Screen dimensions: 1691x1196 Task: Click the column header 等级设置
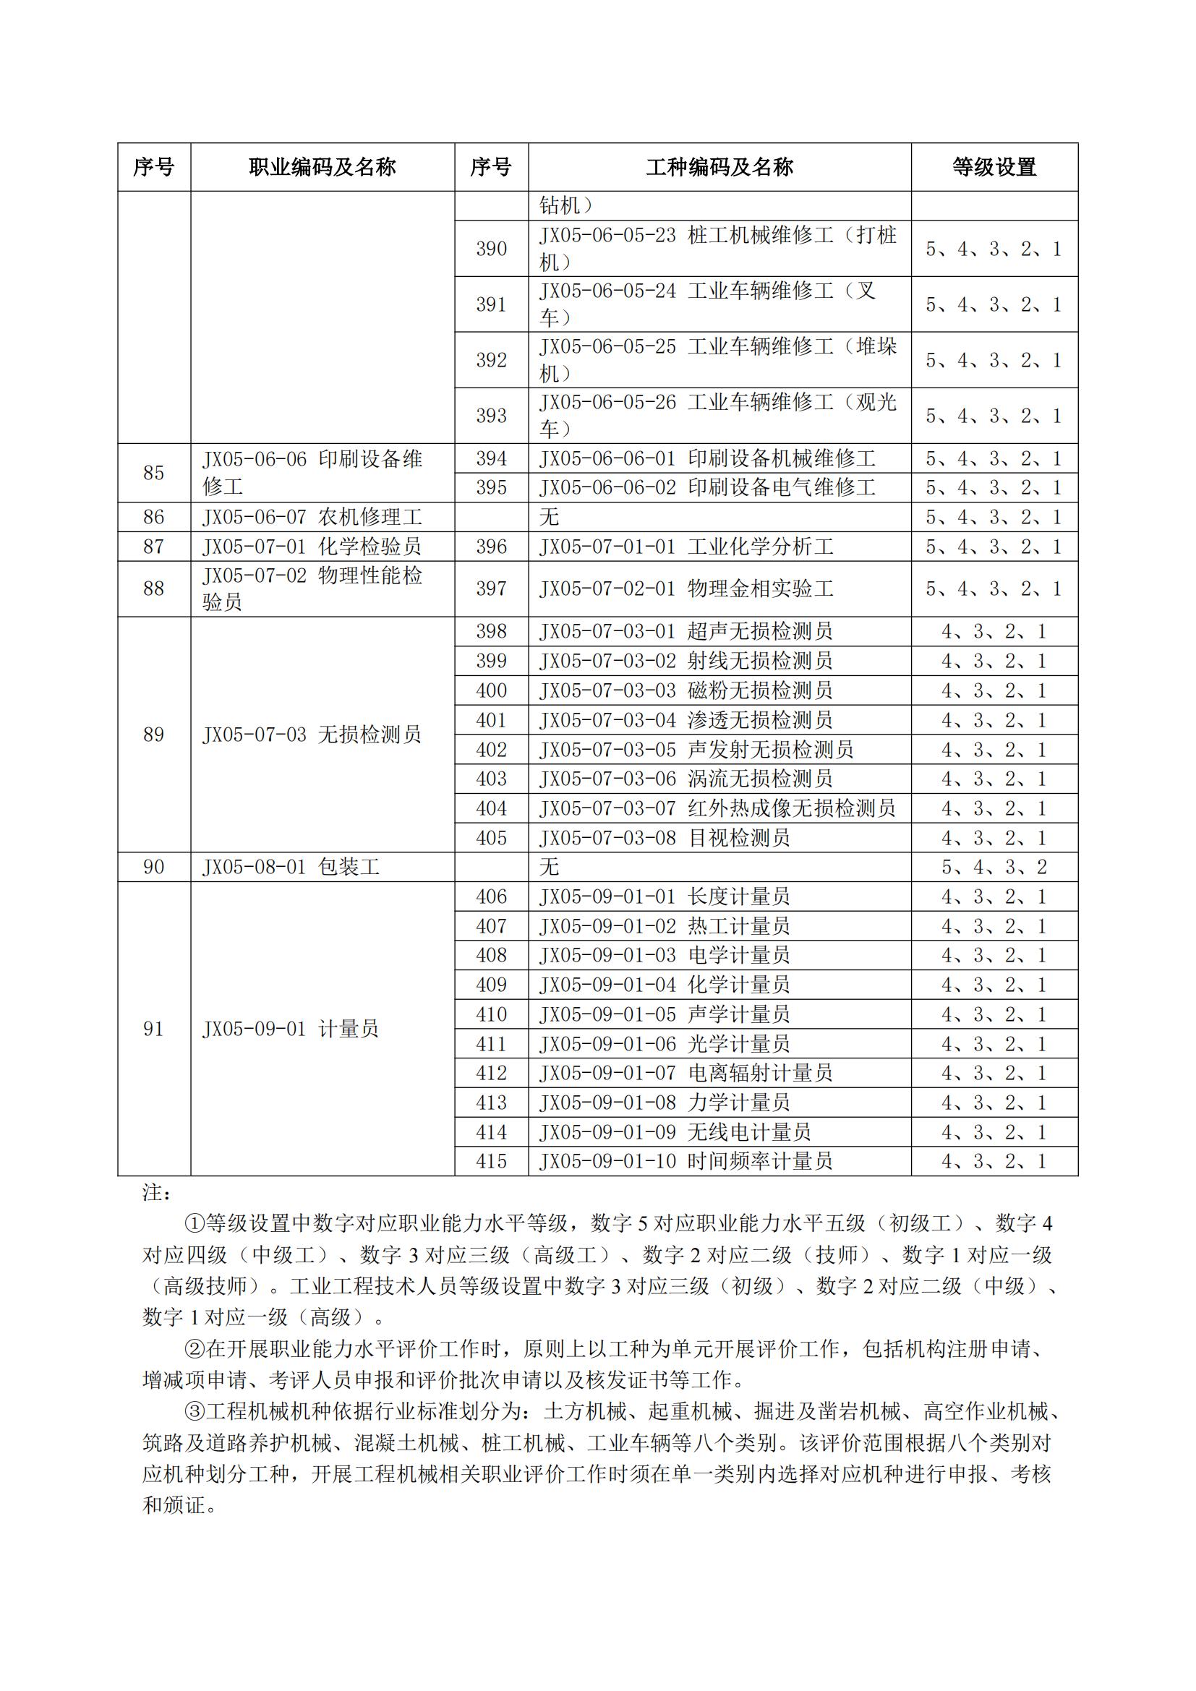click(x=994, y=167)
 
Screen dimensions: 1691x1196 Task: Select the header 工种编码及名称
click(x=719, y=167)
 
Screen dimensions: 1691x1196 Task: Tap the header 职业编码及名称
click(x=322, y=167)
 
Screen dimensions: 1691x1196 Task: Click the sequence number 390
click(x=491, y=249)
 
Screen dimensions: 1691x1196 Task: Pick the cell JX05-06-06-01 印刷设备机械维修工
click(x=707, y=459)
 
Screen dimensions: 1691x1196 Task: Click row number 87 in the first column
click(x=153, y=547)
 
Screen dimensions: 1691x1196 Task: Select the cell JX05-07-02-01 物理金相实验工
click(x=686, y=588)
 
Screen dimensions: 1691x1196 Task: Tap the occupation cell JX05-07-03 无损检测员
click(x=312, y=735)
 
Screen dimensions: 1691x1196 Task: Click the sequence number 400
click(x=491, y=691)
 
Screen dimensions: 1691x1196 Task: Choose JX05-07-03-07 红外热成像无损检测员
click(x=717, y=809)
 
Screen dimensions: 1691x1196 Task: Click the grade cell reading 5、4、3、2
click(x=994, y=868)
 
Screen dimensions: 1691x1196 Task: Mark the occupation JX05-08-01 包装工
click(x=291, y=868)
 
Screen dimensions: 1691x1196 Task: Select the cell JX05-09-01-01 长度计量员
click(x=665, y=897)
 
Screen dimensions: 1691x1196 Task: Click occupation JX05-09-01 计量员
click(x=290, y=1029)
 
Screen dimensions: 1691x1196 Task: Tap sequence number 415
click(x=491, y=1162)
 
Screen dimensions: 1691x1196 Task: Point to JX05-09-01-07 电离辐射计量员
click(x=685, y=1073)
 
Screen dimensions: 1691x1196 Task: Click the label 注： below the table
click(x=157, y=1192)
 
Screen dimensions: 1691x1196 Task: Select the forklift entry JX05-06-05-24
click(x=707, y=304)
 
